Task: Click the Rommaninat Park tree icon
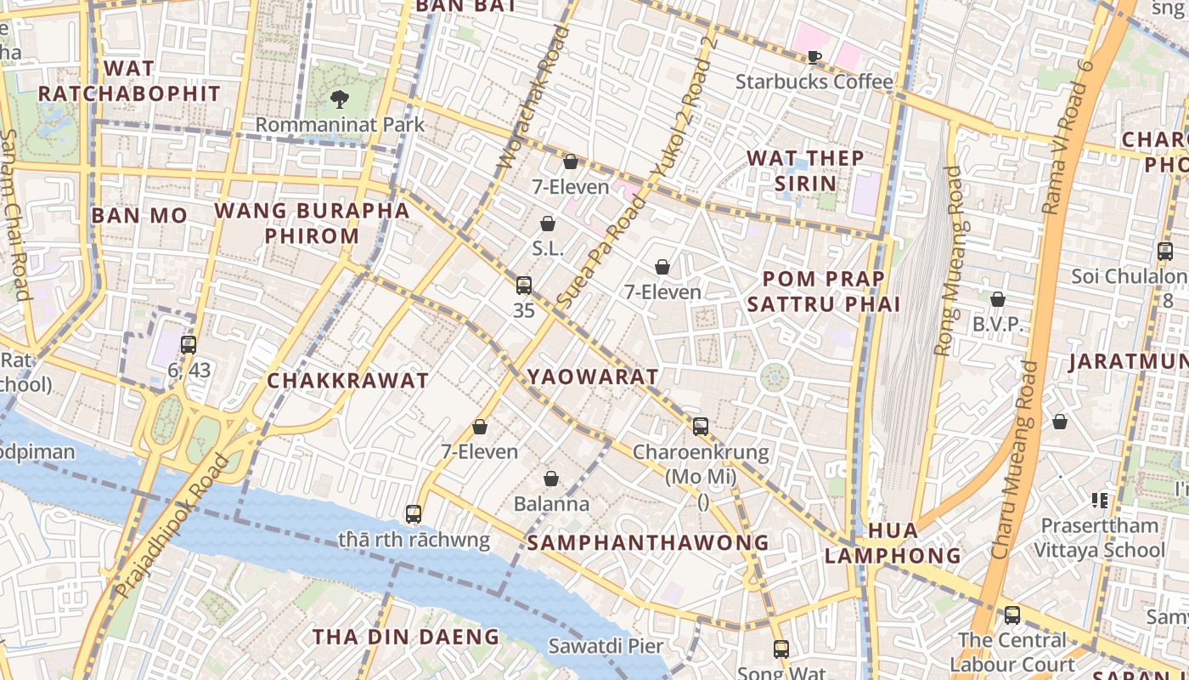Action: [339, 99]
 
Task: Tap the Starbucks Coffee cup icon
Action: [814, 57]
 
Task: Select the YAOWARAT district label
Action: [593, 377]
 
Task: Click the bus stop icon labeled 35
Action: [524, 286]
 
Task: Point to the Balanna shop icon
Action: [551, 479]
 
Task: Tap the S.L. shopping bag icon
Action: [548, 224]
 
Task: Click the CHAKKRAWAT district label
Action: [347, 381]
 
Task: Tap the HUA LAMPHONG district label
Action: [893, 543]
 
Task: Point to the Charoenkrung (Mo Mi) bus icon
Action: [701, 427]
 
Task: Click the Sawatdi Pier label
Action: [606, 646]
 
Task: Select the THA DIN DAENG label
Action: [405, 637]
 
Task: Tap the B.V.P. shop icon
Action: [998, 299]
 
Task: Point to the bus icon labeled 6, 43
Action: [189, 345]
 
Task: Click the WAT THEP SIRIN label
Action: [805, 170]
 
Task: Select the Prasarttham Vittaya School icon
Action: [1100, 500]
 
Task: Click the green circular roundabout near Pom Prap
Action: [774, 377]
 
